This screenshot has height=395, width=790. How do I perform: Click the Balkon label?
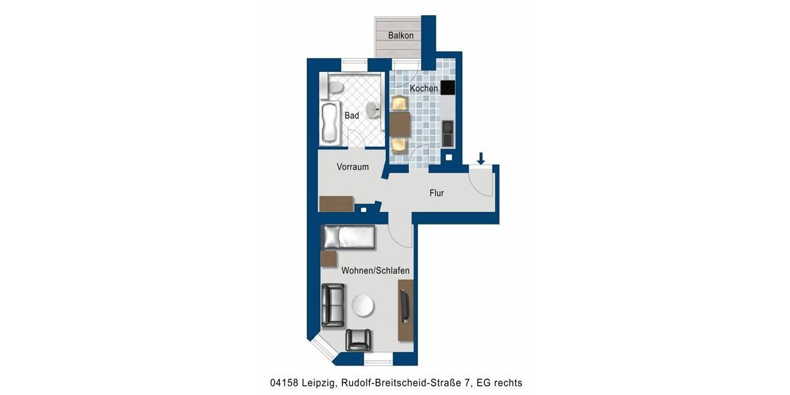click(x=400, y=36)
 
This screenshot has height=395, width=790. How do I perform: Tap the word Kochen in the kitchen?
click(x=423, y=88)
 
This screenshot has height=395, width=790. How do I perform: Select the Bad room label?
click(x=352, y=116)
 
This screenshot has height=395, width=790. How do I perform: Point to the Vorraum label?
click(x=353, y=167)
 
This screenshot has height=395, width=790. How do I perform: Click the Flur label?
click(x=436, y=193)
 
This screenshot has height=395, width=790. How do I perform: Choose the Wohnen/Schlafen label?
click(x=375, y=271)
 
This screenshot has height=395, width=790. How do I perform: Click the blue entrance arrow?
click(x=481, y=158)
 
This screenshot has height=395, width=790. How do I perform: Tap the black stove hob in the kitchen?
click(x=448, y=87)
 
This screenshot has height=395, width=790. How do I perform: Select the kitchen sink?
click(x=448, y=134)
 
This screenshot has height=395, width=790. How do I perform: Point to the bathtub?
click(x=329, y=123)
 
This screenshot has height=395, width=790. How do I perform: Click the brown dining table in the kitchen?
click(x=400, y=123)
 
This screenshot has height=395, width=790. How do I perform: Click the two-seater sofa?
click(x=333, y=305)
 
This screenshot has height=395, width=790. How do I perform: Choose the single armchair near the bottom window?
click(x=359, y=339)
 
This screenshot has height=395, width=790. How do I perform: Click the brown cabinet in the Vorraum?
click(x=336, y=203)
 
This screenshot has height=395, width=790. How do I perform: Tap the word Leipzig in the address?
click(x=316, y=382)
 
